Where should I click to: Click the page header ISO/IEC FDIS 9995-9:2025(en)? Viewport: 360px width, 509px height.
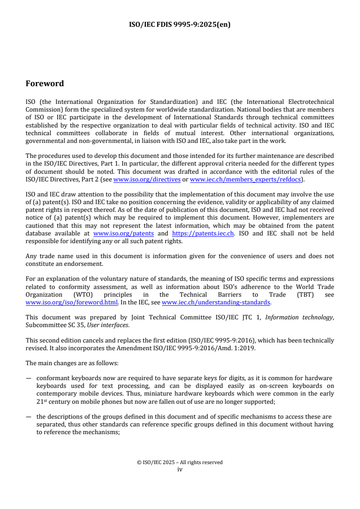tap(180, 25)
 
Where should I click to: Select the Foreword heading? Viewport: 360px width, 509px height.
tap(44, 83)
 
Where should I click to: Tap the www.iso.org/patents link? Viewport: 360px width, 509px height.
tap(123, 233)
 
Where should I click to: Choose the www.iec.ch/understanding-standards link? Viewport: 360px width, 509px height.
tap(216, 302)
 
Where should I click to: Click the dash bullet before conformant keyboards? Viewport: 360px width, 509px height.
tap(29, 378)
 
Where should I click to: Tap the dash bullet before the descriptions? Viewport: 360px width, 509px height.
tap(29, 417)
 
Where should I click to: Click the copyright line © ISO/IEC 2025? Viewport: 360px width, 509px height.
tap(180, 462)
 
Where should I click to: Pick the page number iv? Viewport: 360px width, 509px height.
tap(180, 469)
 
